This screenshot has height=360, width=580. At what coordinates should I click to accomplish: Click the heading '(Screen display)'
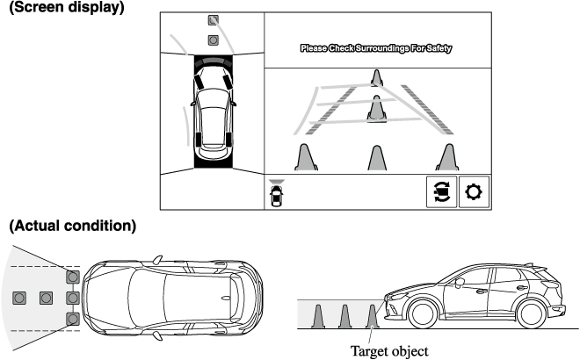[x=67, y=8]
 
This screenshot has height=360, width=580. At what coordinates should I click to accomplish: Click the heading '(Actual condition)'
[x=72, y=226]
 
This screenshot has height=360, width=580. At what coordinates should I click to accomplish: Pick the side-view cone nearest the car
[x=374, y=316]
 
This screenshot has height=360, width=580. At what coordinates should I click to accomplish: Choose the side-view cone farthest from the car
[x=319, y=316]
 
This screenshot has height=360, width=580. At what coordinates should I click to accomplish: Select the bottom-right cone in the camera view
[x=446, y=157]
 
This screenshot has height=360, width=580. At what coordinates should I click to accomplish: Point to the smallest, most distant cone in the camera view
[x=376, y=78]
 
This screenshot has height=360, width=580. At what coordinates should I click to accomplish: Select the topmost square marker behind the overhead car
[x=73, y=277]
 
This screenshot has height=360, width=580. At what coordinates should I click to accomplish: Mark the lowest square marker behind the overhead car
[x=73, y=318]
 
